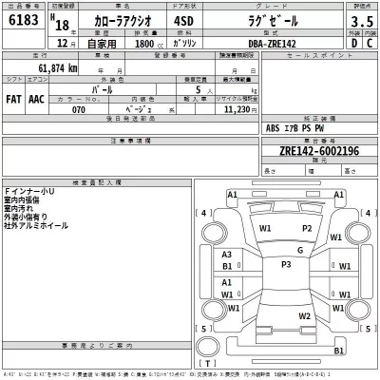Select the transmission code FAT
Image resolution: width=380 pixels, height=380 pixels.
point(13,98)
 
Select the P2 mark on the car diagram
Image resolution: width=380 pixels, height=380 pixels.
point(306,229)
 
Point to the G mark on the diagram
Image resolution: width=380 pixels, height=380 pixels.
point(299,250)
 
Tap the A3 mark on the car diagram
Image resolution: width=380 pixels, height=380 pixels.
point(226,255)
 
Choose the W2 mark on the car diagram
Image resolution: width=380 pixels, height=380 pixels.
point(304,316)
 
